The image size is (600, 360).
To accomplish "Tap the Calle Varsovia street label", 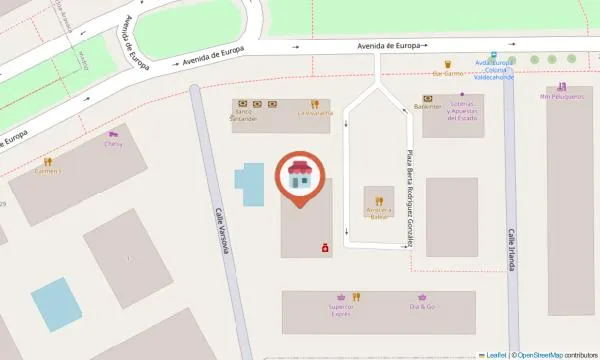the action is coord(222,231).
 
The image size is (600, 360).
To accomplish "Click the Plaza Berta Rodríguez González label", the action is coord(410,200).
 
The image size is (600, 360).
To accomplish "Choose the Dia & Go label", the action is coord(422,306).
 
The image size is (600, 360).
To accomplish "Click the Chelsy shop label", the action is coord(113,144).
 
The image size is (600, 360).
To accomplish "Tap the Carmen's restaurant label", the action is coord(47,171).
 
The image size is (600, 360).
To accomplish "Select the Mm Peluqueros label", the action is coord(560,97).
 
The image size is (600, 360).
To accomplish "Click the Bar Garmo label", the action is coord(447,73).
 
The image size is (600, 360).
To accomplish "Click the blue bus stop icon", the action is coord(493,56).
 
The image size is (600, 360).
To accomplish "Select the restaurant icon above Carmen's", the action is coord(47,160).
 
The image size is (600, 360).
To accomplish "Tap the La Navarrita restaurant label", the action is coord(313,113).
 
